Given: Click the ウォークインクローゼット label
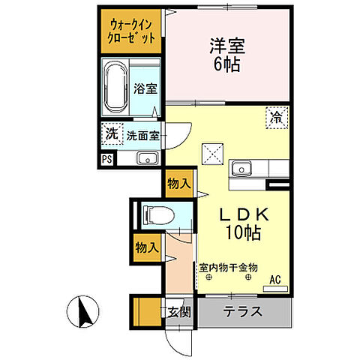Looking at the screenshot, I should [x=130, y=30].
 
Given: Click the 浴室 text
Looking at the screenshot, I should [x=145, y=88].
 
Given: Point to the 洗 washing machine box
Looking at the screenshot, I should [x=111, y=135].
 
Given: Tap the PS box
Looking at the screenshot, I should [x=107, y=159].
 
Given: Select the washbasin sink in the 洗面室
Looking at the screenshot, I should [x=146, y=158].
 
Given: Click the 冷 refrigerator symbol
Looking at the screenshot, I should [x=277, y=117].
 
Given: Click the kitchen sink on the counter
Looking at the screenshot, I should [x=242, y=168].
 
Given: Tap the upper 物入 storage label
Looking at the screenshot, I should [x=178, y=183].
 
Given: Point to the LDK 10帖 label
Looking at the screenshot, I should [x=239, y=223].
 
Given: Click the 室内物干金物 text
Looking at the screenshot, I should [x=229, y=266].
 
